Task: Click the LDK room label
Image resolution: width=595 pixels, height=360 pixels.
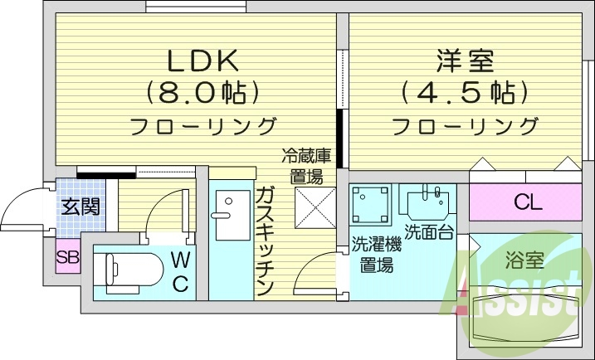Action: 203,61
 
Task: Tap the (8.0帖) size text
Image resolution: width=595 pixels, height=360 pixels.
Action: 203,91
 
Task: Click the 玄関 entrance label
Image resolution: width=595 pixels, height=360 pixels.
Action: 80,206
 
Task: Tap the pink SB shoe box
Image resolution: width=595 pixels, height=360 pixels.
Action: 67,256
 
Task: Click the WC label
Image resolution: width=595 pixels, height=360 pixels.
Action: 179,272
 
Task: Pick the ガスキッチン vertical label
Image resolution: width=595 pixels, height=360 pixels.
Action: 265,241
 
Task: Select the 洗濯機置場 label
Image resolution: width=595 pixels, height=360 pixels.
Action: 376,255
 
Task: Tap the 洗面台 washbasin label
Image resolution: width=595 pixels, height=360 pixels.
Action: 428,232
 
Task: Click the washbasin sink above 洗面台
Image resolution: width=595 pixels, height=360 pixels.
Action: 428,202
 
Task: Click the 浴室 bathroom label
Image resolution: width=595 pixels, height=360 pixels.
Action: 524,260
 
